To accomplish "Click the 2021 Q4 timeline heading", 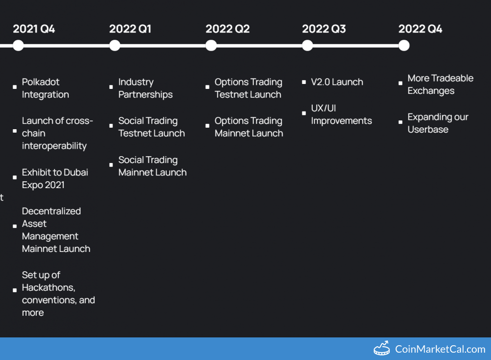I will (34, 29).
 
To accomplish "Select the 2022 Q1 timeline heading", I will (130, 29).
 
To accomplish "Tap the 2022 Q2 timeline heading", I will (227, 29).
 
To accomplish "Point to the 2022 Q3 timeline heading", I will (324, 29).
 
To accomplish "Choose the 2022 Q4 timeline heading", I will (420, 29).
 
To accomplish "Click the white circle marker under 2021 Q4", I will (18, 46).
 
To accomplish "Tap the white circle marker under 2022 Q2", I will (211, 46).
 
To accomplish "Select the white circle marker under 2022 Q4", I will (404, 46).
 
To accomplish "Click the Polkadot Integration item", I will (45, 88).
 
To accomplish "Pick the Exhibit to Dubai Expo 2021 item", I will (55, 179).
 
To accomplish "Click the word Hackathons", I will (48, 287).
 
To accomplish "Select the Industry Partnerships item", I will (145, 88).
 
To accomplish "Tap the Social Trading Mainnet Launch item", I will (152, 166).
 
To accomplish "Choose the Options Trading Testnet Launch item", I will (248, 88).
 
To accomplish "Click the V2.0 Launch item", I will (337, 82).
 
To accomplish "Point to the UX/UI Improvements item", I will (341, 114).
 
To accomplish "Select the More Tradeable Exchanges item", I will (440, 84).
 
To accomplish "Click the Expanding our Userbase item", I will (437, 123).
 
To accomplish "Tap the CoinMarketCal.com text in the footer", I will (440, 349).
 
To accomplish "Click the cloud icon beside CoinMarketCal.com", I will (382, 349).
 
